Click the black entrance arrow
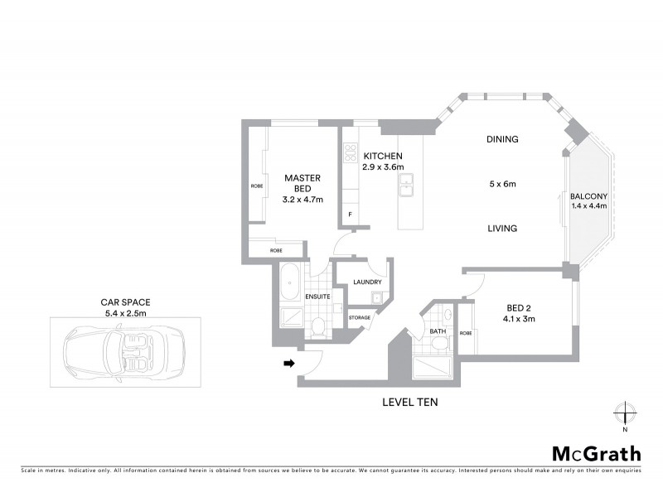pos(288,363)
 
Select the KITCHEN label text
pos(382,157)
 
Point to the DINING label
pos(502,140)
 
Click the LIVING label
pos(502,229)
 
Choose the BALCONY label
pos(589,196)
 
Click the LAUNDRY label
pos(366,282)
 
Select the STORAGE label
pos(359,317)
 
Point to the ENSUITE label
pos(318,297)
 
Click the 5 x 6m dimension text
pos(502,184)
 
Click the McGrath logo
pos(596,453)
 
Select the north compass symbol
pos(625,413)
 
